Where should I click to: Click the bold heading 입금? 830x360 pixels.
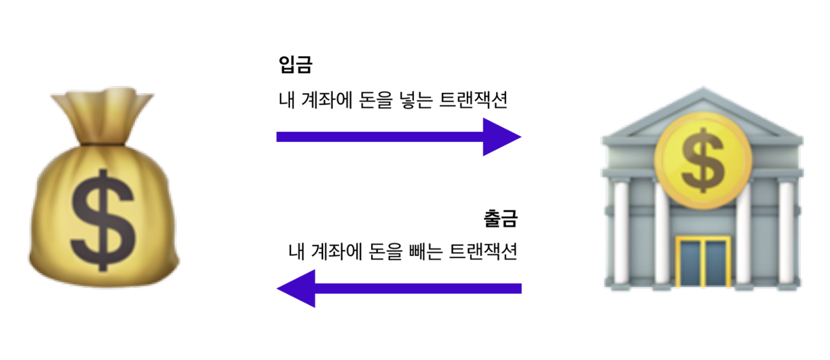(295, 65)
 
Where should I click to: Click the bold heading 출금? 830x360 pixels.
(500, 218)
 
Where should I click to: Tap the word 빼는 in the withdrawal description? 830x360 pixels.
(426, 252)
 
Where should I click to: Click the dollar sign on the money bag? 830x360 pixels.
(103, 219)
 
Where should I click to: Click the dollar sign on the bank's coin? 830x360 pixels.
(703, 160)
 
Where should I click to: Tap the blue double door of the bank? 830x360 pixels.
(703, 262)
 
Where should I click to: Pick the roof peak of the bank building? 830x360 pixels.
(703, 91)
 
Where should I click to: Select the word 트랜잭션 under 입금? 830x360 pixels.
(473, 100)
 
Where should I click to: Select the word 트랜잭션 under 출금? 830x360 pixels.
(483, 252)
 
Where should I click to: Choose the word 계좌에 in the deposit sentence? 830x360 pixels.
(327, 100)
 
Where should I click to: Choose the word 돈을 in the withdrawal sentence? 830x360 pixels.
(386, 252)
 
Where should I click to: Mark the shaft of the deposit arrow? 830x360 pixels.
(379, 137)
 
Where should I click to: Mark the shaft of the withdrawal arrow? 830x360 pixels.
(417, 288)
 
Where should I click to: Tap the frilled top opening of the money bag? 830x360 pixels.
(103, 98)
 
